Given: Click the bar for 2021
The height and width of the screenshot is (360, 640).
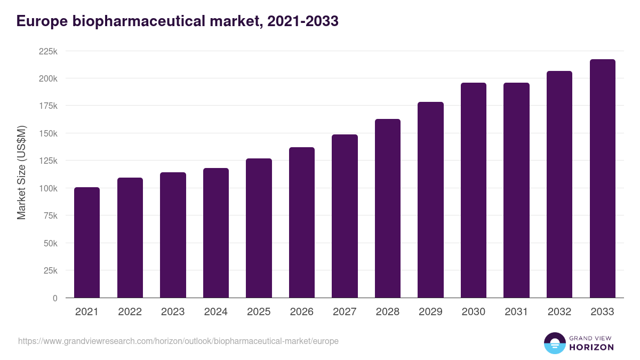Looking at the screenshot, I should pyautogui.click(x=87, y=243).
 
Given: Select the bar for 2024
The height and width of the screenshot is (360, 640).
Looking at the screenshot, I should pyautogui.click(x=216, y=233).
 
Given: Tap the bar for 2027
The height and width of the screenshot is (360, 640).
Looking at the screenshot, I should pyautogui.click(x=345, y=216).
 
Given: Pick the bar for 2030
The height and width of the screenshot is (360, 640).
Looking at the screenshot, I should pyautogui.click(x=474, y=190).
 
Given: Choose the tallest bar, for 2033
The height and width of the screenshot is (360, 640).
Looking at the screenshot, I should pyautogui.click(x=602, y=179).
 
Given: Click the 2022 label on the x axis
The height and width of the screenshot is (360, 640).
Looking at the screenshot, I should pyautogui.click(x=130, y=312).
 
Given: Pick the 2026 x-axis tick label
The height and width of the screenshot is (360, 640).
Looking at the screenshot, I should pyautogui.click(x=302, y=312).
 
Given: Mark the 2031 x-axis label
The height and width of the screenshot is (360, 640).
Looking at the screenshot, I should pyautogui.click(x=516, y=312).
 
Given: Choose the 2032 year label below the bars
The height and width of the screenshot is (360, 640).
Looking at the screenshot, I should pyautogui.click(x=559, y=312).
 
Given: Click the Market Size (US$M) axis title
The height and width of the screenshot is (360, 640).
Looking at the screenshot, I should pyautogui.click(x=21, y=172).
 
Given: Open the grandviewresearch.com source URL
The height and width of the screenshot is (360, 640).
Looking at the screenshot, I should pyautogui.click(x=178, y=341).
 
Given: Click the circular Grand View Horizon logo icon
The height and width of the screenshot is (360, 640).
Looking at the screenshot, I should pyautogui.click(x=554, y=343).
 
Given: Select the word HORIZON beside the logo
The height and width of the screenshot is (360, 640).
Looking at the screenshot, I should pyautogui.click(x=591, y=347).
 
